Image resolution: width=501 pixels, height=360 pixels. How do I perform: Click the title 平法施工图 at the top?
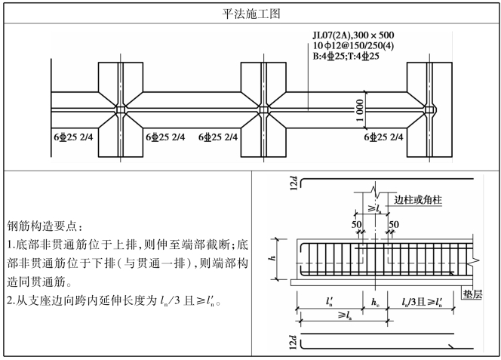250,13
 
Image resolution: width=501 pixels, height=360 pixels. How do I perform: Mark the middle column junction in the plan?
264,111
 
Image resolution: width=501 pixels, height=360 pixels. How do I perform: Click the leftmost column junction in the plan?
121,111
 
